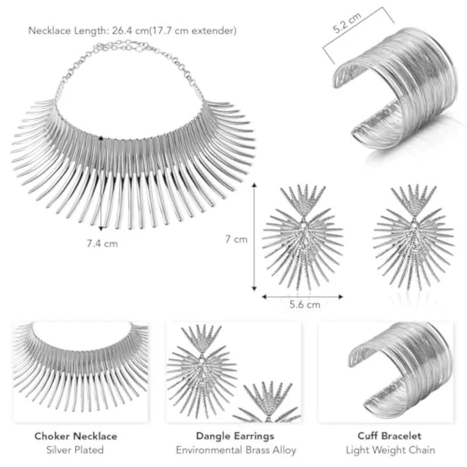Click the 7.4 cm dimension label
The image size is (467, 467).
click(x=102, y=243)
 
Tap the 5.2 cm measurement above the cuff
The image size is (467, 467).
click(x=347, y=22)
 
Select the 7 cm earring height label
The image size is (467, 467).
click(x=236, y=239)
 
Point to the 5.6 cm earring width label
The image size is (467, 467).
click(x=305, y=304)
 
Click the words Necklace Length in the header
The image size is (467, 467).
click(x=67, y=30)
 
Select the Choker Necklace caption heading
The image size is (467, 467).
click(x=76, y=436)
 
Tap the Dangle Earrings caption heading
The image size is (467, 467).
click(x=235, y=436)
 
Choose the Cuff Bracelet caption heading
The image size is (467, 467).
click(x=389, y=435)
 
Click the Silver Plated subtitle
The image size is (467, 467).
click(x=75, y=449)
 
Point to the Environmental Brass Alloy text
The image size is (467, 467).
click(x=236, y=449)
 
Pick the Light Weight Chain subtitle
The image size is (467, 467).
click(x=391, y=449)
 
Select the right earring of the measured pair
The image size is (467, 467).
click(x=414, y=238)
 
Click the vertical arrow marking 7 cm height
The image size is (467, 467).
click(x=254, y=237)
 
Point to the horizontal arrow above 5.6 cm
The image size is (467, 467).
click(x=302, y=297)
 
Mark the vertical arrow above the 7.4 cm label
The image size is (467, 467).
click(x=101, y=183)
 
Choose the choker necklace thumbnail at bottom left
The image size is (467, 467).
click(x=81, y=367)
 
